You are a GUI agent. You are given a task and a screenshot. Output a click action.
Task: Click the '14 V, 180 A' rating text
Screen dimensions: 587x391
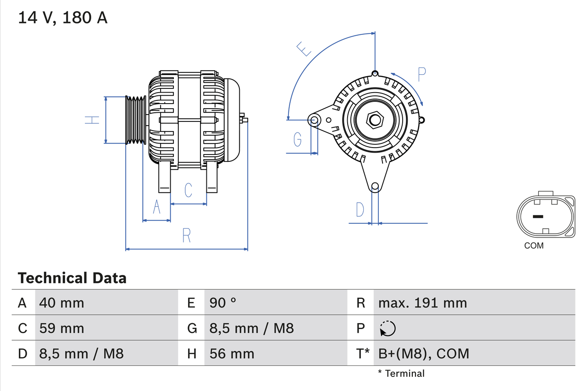63,18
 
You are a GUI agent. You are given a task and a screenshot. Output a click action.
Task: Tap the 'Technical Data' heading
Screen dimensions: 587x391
72,278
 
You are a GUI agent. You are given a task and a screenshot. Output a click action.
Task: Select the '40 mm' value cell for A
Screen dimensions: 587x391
62,303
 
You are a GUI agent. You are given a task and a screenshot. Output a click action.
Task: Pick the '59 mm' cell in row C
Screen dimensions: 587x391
62,328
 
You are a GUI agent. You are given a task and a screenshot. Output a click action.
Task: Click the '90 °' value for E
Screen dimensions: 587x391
223,303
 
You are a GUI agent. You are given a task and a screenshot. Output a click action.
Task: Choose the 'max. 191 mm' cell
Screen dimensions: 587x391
422,303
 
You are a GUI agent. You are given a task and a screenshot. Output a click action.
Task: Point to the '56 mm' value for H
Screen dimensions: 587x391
232,353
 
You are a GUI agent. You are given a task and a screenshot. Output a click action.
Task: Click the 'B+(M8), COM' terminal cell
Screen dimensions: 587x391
423,353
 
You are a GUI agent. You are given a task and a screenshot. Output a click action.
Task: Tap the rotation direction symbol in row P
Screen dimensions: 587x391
388,328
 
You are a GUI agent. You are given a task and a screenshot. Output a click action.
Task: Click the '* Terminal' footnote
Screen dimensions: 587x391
401,374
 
